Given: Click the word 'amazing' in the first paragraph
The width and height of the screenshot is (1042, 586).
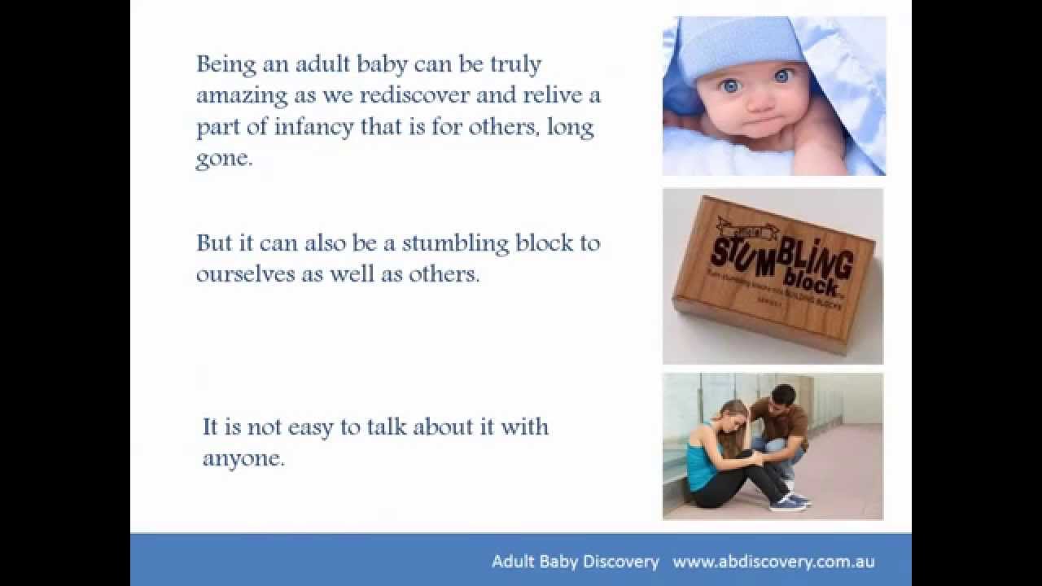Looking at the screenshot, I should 230,95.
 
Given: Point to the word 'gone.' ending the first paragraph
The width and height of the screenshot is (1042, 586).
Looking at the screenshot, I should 224,159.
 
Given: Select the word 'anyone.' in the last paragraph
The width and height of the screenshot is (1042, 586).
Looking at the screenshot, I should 243,458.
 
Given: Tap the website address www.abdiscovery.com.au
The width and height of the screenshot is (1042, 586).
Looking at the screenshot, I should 773,562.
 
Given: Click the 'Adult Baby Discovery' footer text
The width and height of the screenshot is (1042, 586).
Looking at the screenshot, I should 575,562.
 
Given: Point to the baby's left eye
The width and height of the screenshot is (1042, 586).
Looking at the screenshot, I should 782,76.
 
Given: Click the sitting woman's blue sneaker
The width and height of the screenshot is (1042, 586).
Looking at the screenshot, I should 788,505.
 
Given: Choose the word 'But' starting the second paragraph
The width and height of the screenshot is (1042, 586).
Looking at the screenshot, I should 213,243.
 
